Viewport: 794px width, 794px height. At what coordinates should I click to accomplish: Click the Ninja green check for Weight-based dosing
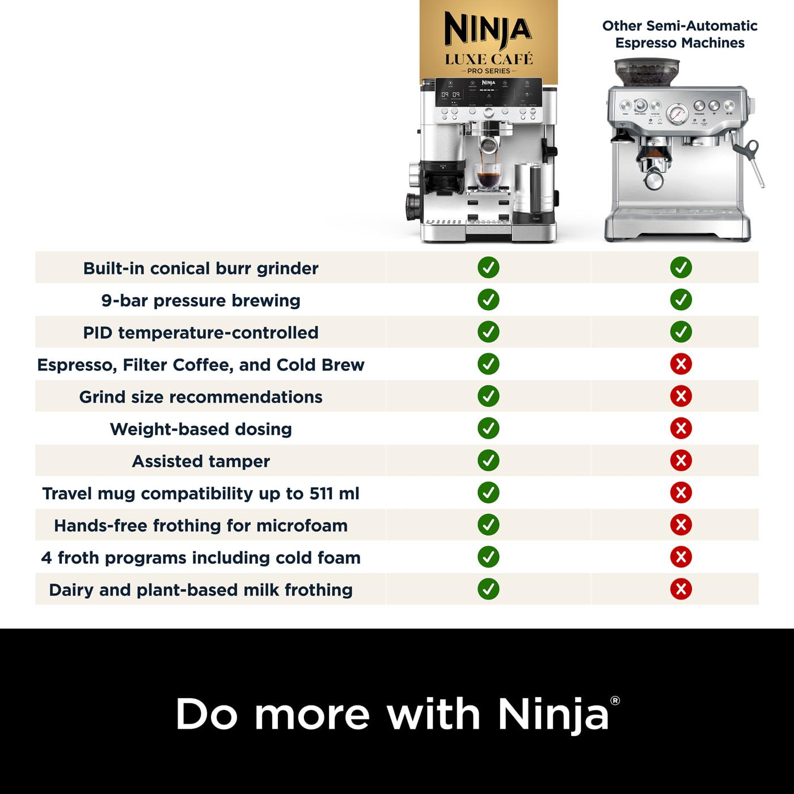click(x=488, y=428)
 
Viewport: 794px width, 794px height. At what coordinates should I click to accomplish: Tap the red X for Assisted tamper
click(x=681, y=460)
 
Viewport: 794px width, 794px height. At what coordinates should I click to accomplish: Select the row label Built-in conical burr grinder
click(x=201, y=268)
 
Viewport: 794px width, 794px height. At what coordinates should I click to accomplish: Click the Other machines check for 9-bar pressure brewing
click(x=681, y=299)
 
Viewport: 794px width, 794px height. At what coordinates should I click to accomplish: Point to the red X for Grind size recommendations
click(x=681, y=396)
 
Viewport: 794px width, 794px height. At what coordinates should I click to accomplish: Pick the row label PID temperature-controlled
click(x=201, y=332)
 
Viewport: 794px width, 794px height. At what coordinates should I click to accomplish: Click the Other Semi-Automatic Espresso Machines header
click(x=679, y=34)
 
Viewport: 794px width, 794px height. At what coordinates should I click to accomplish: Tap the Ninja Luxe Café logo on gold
click(x=488, y=43)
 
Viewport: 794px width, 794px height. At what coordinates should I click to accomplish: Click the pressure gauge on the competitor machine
click(x=677, y=114)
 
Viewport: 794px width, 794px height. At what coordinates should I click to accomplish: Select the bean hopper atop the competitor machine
click(x=643, y=73)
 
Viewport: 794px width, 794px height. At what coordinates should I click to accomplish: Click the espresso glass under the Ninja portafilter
click(x=488, y=176)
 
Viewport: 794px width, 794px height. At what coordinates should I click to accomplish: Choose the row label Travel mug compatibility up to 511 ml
click(x=201, y=493)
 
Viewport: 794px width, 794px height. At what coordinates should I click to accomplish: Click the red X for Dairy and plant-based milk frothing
click(x=681, y=589)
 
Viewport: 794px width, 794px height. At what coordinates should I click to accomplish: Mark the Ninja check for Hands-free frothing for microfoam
click(x=488, y=525)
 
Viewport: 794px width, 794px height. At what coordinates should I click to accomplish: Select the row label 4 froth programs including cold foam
click(x=201, y=558)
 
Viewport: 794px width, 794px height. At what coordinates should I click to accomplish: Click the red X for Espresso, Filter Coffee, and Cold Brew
click(x=681, y=364)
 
